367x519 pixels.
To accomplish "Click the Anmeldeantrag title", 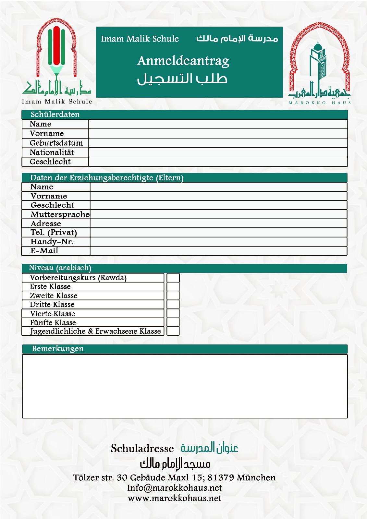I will click(183, 61).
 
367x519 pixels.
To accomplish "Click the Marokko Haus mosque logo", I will click(320, 63).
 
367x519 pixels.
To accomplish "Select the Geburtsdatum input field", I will click(218, 143).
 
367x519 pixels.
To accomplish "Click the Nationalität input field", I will click(218, 152).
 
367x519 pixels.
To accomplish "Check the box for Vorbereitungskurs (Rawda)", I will click(173, 278).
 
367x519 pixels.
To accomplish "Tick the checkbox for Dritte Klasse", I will click(173, 305).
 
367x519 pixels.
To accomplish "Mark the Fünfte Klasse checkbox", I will click(173, 322).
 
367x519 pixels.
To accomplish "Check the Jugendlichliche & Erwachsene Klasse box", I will click(173, 331).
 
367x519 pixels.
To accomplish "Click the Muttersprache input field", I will click(218, 214).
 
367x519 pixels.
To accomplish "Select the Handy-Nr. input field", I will click(218, 242).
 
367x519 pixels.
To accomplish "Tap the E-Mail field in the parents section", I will click(218, 251).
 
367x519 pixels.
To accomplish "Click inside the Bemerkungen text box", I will click(185, 386).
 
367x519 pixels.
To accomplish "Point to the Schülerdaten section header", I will click(55, 115).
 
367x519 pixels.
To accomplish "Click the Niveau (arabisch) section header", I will click(60, 268).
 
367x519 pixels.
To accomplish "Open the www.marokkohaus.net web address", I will click(175, 498).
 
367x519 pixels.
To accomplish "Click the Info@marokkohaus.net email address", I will click(175, 488).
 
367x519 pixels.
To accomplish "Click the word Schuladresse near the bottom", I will click(142, 449).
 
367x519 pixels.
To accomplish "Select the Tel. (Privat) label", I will click(54, 233).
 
